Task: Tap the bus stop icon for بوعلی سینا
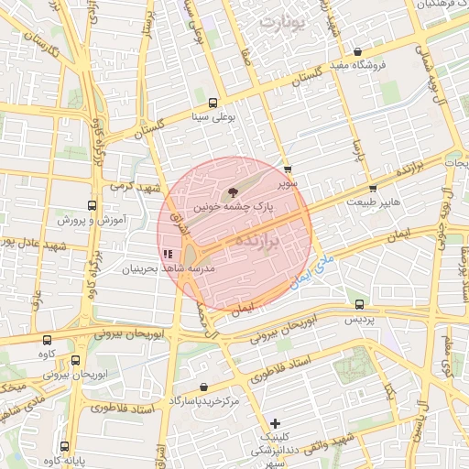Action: pos(213,103)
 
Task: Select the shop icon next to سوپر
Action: pos(288,169)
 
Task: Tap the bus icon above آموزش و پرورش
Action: pos(91,206)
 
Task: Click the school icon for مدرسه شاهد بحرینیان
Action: pos(167,254)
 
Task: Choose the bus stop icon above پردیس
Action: pos(358,305)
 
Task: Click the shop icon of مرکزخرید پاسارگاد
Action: pos(202,387)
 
